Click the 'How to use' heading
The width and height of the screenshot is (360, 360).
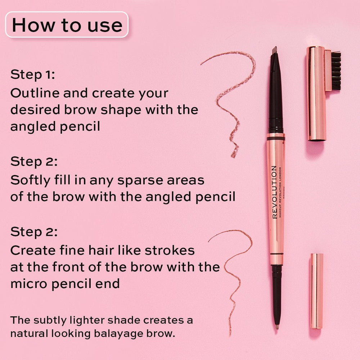point(67,25)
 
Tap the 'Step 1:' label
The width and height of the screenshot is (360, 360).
point(33,75)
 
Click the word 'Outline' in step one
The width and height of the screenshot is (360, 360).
point(35,93)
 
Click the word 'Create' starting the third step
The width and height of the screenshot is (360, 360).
point(33,250)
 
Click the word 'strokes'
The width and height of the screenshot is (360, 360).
point(170,250)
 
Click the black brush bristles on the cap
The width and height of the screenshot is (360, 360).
point(336,71)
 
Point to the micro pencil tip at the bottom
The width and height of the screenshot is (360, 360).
point(277,327)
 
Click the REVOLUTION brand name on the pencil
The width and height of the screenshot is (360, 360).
point(274,192)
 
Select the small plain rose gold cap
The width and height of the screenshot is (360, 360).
point(316,291)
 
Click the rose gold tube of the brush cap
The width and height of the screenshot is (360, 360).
point(316,94)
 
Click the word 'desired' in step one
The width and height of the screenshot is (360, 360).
point(35,109)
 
